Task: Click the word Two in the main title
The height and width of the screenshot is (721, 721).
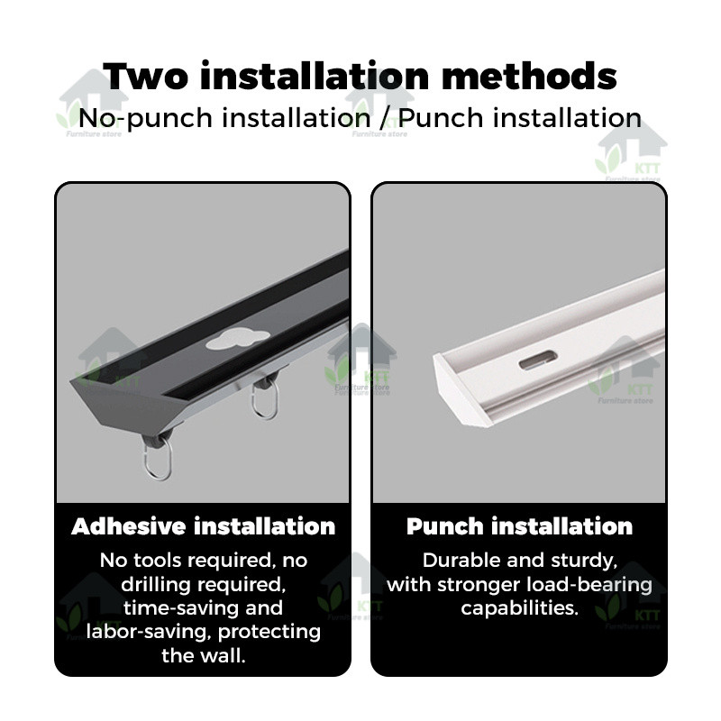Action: pos(145,77)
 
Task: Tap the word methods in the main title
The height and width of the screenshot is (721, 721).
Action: pos(529,77)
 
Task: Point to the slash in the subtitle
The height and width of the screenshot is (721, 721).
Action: pos(385,118)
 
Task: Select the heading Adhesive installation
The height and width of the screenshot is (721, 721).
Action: pos(204,526)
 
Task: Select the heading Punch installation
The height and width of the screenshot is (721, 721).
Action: pos(519,526)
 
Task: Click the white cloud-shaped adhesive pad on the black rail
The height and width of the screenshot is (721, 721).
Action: pos(237,340)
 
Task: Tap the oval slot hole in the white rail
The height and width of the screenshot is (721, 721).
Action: pos(538,360)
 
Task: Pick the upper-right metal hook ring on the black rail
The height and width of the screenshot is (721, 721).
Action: pos(264,399)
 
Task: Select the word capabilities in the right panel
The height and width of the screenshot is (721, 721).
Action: pos(519,609)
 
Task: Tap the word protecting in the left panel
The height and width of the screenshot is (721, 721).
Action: pos(269,633)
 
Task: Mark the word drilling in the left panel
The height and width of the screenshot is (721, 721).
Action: pos(155,585)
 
